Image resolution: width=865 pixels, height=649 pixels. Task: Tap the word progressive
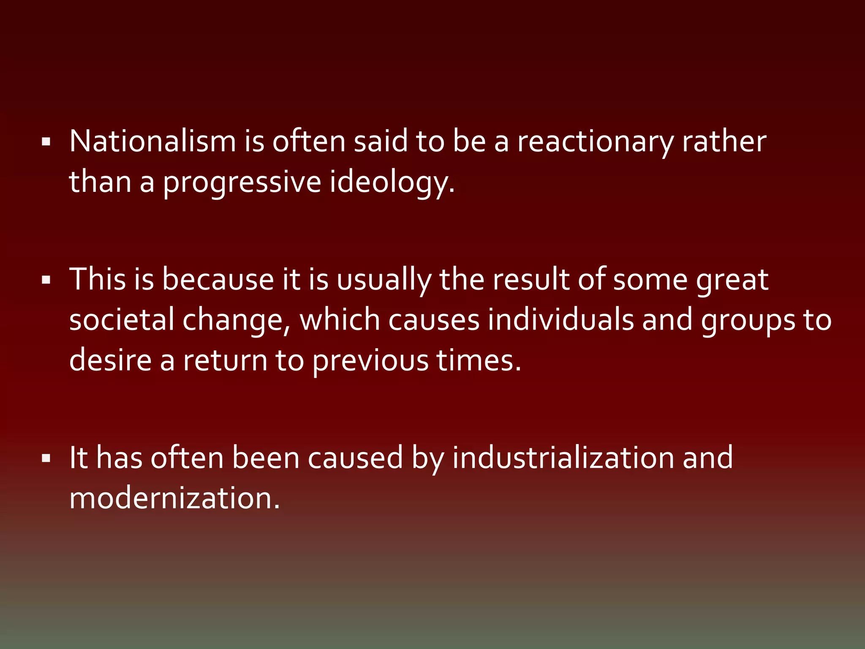click(242, 183)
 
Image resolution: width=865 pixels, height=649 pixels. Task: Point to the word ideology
click(392, 183)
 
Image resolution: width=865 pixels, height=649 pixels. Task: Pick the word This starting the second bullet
click(98, 279)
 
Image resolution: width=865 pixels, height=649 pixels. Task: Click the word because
click(218, 279)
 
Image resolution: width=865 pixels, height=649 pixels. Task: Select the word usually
click(384, 280)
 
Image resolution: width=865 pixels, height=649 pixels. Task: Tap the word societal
click(122, 320)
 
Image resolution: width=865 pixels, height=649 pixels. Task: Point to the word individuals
click(561, 320)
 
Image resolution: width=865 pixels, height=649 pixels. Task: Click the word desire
click(110, 360)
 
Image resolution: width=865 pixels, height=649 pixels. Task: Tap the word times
click(479, 360)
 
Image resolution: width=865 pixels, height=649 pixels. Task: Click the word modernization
click(174, 499)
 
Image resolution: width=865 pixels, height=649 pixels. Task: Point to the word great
click(732, 280)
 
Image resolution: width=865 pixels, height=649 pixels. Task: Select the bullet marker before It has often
click(46, 458)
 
